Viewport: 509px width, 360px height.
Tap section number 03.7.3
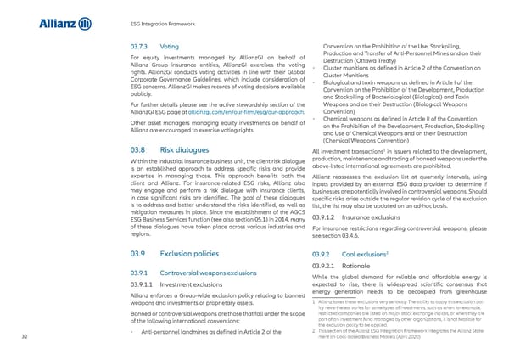138,45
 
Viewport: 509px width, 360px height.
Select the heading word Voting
169,45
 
